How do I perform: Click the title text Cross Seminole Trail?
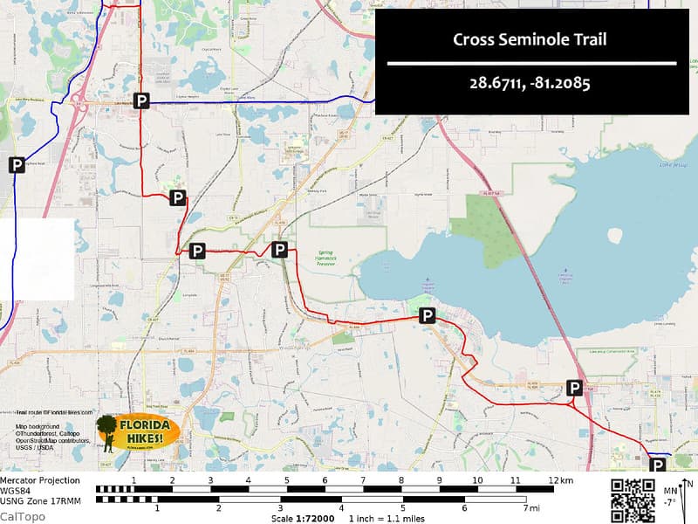(530, 39)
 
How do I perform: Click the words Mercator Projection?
(39, 480)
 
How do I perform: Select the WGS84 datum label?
(15, 490)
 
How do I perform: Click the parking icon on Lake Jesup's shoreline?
(427, 315)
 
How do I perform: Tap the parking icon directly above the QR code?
(657, 465)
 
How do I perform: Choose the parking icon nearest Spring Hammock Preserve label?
(279, 250)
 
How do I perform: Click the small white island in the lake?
(615, 236)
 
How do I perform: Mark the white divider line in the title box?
(531, 64)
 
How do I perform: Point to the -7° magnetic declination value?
(669, 502)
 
